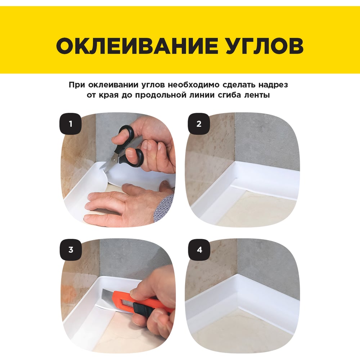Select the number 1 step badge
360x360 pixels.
click(x=71, y=124)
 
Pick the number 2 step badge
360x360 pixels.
click(x=199, y=124)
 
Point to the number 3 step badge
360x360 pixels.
click(x=71, y=249)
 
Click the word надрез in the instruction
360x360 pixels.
click(x=273, y=85)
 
